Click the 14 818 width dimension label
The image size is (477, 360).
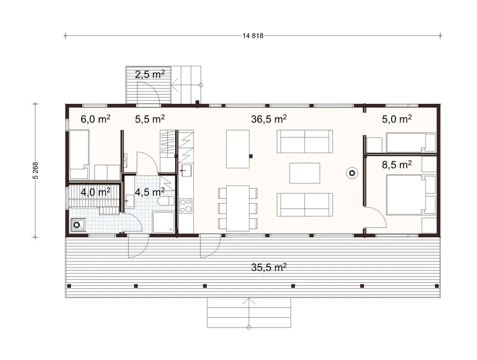point(253,35)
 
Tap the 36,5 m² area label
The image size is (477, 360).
point(269,119)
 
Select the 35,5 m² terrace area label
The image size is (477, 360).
point(269,267)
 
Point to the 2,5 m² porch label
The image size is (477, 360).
point(149,74)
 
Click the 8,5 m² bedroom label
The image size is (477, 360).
point(397,165)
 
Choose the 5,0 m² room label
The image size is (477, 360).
point(397,119)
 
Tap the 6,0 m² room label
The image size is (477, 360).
point(95,119)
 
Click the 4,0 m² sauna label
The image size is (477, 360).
point(95,192)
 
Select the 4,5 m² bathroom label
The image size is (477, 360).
point(150,192)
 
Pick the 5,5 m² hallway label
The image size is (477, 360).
point(150,119)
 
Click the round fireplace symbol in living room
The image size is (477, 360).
point(352,173)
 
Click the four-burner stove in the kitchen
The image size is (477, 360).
point(186,206)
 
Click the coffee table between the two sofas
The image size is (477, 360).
point(305,173)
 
